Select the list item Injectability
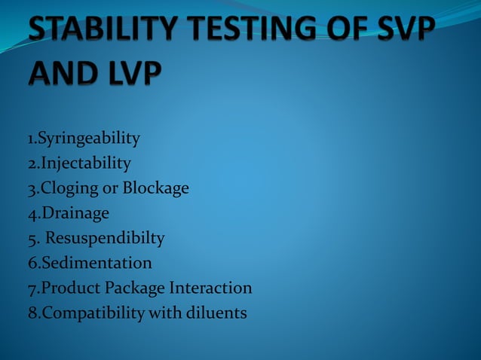point(85,163)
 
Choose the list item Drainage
point(74,213)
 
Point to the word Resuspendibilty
point(105,239)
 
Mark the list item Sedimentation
point(96,263)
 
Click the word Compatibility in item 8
point(91,313)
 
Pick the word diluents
point(216,313)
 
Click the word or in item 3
point(109,188)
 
